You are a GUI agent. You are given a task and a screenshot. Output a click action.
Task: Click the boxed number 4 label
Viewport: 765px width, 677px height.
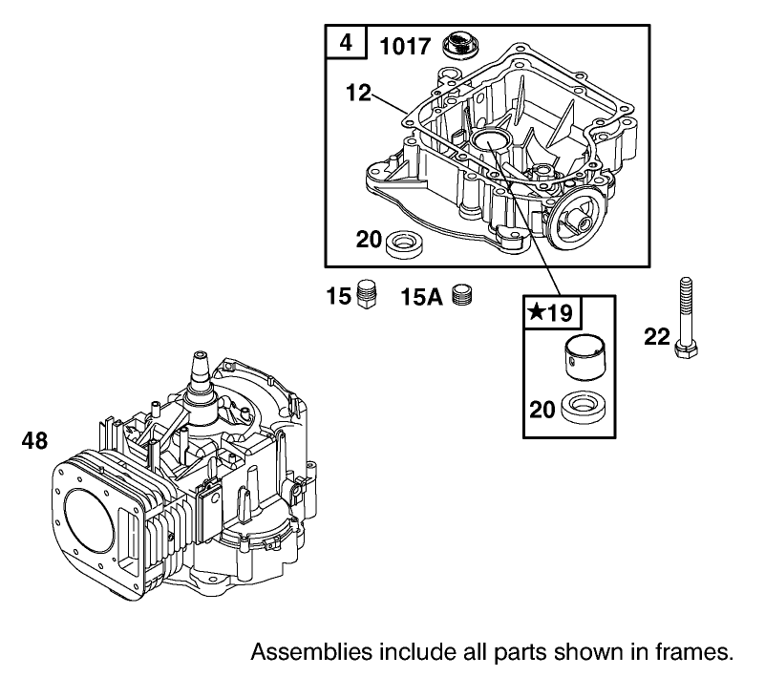coord(345,44)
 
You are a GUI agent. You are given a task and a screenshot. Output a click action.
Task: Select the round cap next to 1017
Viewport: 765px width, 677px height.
coord(461,45)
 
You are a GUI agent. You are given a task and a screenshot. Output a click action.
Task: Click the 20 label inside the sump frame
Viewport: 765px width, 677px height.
coord(369,239)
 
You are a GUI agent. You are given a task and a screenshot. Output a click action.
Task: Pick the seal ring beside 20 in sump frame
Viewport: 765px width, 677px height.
coord(405,243)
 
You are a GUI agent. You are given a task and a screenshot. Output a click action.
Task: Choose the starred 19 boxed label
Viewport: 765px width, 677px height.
coord(552,312)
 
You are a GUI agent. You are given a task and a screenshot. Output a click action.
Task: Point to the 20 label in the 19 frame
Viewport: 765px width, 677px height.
coord(543,411)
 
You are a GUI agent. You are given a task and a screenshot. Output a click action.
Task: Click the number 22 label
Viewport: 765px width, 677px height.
coord(657,337)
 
